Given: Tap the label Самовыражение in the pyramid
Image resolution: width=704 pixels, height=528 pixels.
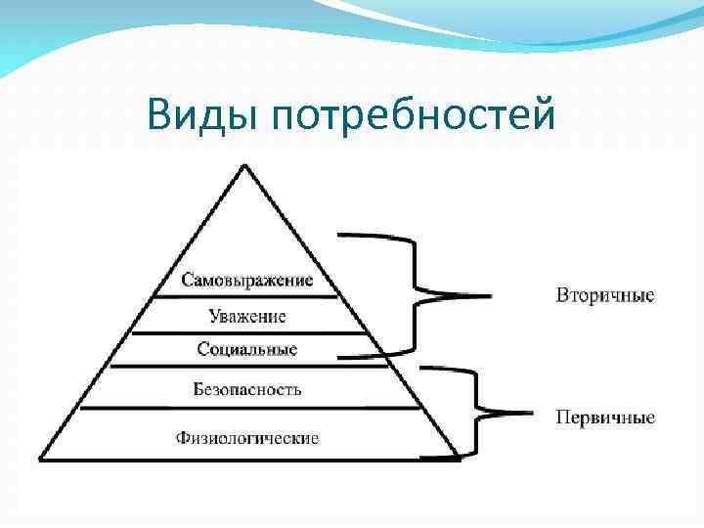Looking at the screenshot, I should [247, 280].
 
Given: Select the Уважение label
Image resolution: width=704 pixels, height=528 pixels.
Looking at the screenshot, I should [247, 316].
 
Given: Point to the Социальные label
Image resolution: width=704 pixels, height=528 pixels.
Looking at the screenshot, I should [247, 349].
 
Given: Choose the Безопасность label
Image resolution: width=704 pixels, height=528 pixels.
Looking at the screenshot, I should [247, 389].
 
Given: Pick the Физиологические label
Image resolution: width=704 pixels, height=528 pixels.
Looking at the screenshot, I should [247, 437].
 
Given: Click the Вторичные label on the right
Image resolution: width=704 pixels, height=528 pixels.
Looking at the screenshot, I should [605, 294].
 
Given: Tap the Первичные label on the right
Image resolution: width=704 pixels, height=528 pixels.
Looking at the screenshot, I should [605, 418].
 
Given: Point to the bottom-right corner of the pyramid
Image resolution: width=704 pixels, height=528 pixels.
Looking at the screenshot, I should [458, 459].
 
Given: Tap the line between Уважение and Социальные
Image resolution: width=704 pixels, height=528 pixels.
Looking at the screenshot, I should [247, 333].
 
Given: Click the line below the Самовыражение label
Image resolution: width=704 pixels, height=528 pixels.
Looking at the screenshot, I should [247, 296].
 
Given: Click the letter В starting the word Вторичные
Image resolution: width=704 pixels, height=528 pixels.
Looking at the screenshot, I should [562, 294].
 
